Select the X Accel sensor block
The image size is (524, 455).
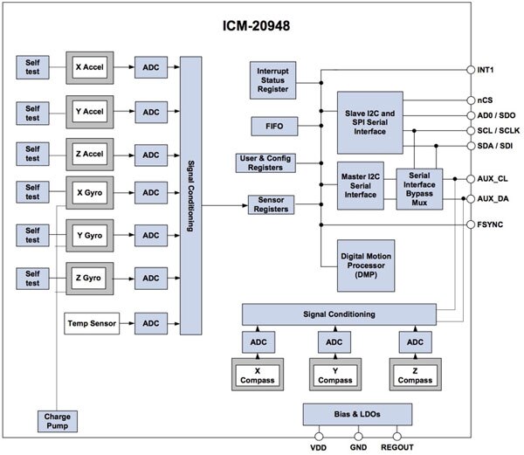click(91, 66)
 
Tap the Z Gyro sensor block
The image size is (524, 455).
click(91, 279)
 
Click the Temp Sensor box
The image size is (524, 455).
click(91, 324)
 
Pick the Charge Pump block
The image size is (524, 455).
click(58, 422)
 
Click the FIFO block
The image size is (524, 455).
click(273, 128)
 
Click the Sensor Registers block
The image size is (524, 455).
click(272, 204)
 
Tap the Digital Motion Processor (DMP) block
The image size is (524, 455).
click(369, 265)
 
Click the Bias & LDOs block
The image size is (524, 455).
click(356, 414)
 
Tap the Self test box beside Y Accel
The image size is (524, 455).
click(32, 112)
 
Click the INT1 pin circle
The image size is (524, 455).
click(472, 71)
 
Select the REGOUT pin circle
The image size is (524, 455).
click(398, 433)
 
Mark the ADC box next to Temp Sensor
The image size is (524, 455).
click(152, 324)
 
